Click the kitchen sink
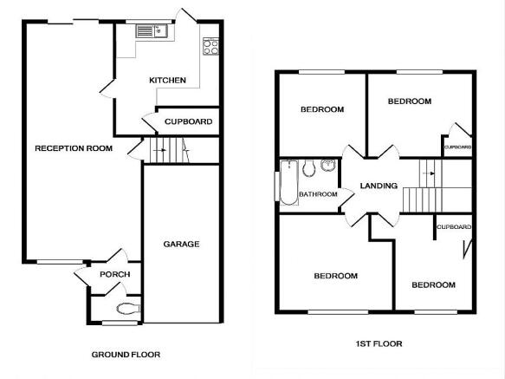pyautogui.click(x=152, y=31)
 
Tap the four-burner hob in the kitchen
pyautogui.click(x=211, y=47)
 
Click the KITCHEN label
pyautogui.click(x=167, y=80)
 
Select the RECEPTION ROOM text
pyautogui.click(x=74, y=148)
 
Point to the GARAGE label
pyautogui.click(x=181, y=245)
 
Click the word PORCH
pyautogui.click(x=115, y=274)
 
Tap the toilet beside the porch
pyautogui.click(x=128, y=309)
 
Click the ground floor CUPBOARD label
pyautogui.click(x=189, y=121)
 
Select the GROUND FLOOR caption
pyautogui.click(x=126, y=355)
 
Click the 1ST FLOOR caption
pyautogui.click(x=379, y=343)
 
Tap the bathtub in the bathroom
pyautogui.click(x=289, y=183)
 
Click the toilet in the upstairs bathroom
pyautogui.click(x=309, y=167)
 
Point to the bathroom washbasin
pyautogui.click(x=328, y=165)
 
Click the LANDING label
pyautogui.click(x=379, y=186)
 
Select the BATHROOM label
pyautogui.click(x=318, y=194)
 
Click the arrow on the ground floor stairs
pyautogui.click(x=159, y=150)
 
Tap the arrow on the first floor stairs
pyautogui.click(x=428, y=173)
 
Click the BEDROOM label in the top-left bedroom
pyautogui.click(x=322, y=109)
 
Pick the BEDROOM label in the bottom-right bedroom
pyautogui.click(x=433, y=284)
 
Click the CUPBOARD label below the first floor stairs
pyautogui.click(x=454, y=227)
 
